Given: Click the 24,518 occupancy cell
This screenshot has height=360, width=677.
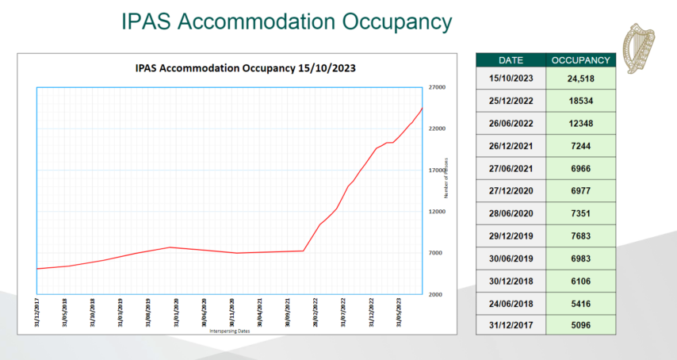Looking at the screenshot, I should [580, 79].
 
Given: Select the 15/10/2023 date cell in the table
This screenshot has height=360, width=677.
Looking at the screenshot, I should [511, 79].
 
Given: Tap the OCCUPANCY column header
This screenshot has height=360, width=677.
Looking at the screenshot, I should [580, 59].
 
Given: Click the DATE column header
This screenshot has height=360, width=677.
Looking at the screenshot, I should [511, 59].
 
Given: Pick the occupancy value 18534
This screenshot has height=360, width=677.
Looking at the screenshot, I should [580, 101].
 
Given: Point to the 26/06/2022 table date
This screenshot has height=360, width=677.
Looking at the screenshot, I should [511, 123].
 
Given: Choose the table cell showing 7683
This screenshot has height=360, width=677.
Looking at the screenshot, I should [580, 236].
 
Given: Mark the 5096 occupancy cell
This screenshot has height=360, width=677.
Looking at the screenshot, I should [580, 324].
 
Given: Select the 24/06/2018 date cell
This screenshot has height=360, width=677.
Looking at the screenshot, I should [511, 302].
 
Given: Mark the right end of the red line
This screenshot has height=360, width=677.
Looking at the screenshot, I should [423, 108].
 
